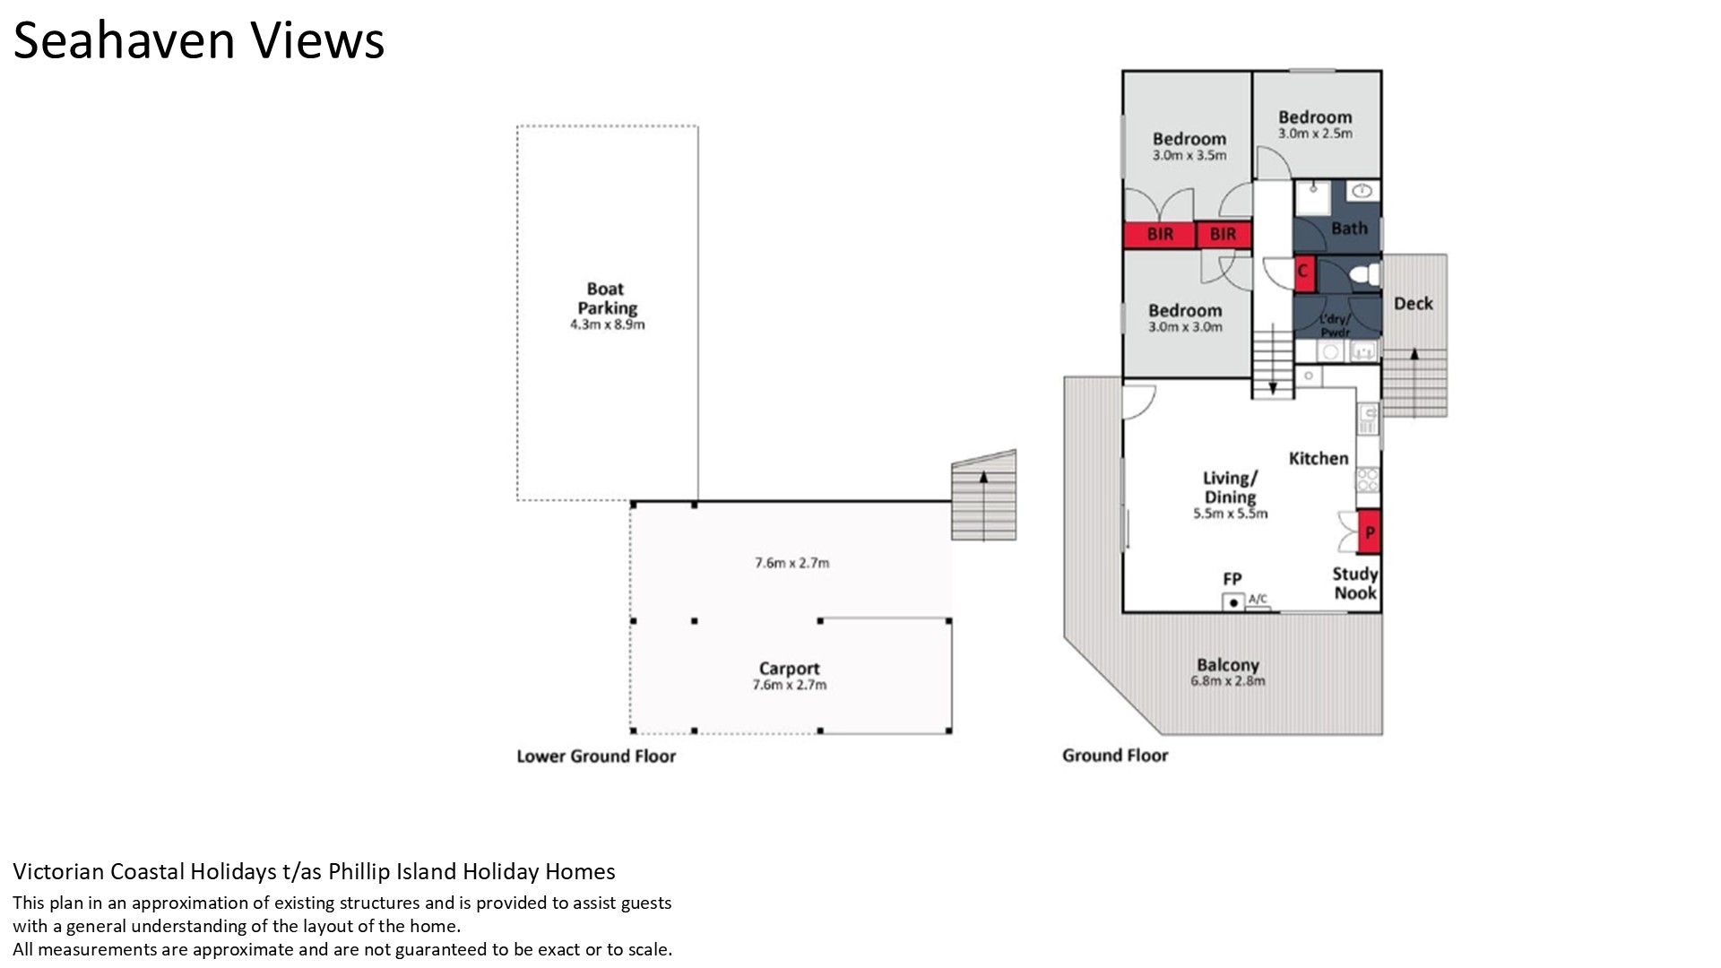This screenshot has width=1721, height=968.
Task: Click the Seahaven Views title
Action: click(199, 40)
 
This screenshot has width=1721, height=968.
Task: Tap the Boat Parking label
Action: click(607, 298)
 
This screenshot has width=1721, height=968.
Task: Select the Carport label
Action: click(789, 669)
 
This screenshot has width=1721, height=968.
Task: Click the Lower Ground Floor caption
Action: click(596, 756)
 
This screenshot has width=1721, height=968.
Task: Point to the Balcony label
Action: click(1228, 665)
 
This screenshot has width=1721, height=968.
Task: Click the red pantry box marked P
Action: click(1369, 532)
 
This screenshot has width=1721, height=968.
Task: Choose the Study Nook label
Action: click(1355, 583)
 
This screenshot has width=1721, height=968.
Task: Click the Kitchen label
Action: click(1319, 458)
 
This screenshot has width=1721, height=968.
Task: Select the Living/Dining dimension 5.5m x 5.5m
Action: click(1231, 514)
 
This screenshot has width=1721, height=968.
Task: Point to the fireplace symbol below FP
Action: click(1233, 602)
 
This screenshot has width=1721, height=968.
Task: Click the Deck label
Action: click(1414, 304)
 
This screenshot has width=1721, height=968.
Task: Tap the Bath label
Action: click(1349, 229)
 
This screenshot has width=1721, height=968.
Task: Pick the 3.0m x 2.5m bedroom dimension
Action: click(1315, 134)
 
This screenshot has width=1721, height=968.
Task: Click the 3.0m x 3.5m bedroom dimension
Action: click(1189, 155)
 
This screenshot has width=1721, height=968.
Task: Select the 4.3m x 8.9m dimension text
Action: click(608, 324)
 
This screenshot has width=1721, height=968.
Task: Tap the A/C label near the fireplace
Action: click(1258, 599)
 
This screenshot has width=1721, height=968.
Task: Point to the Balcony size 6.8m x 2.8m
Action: click(1228, 680)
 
